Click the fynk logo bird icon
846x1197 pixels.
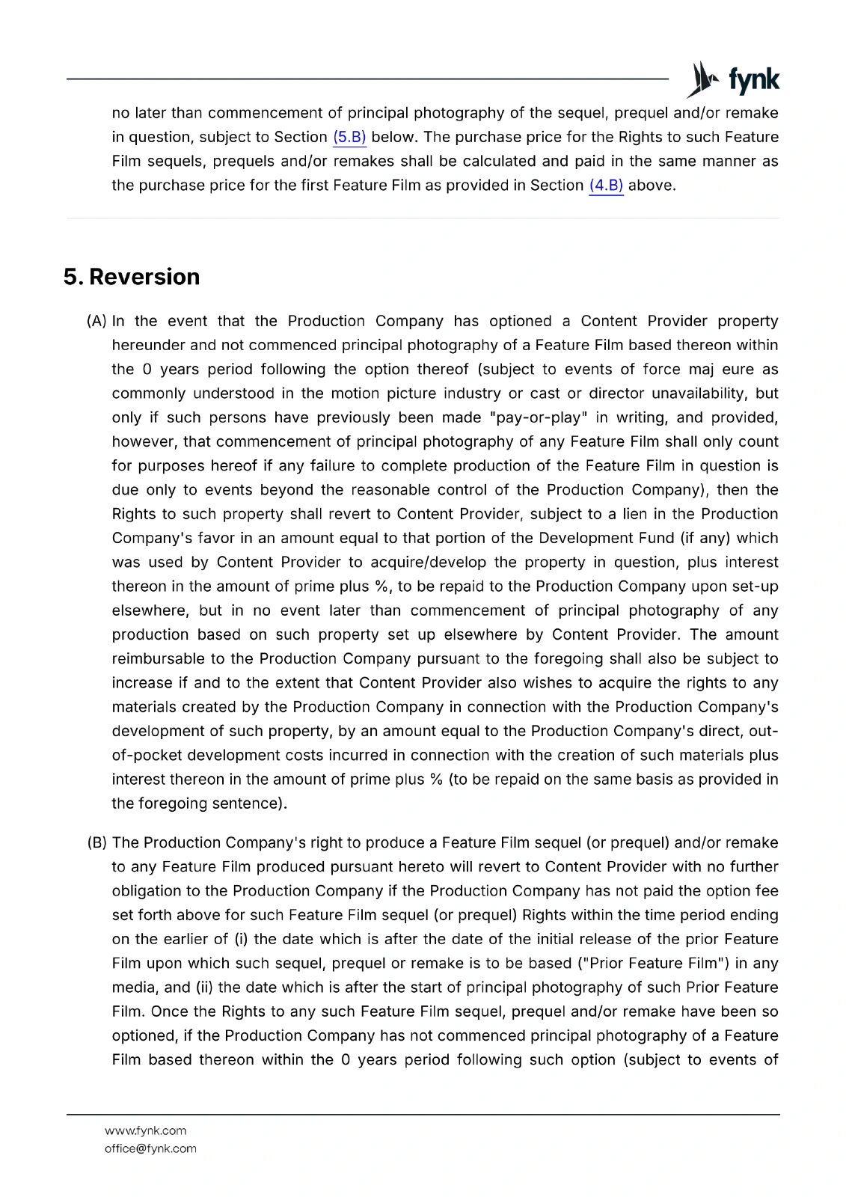tap(702, 79)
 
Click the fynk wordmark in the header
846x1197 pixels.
tap(753, 79)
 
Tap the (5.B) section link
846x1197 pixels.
tap(349, 138)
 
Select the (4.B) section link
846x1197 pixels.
tap(606, 186)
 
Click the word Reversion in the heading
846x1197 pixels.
tap(144, 277)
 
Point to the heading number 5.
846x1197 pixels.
tap(72, 277)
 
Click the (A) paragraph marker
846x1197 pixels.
tap(97, 322)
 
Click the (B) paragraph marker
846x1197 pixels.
tap(97, 843)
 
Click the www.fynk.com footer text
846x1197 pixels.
tap(146, 1131)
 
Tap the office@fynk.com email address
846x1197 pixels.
tap(150, 1149)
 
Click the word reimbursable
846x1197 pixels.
tap(158, 659)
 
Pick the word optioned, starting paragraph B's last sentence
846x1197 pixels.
tap(144, 1036)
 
